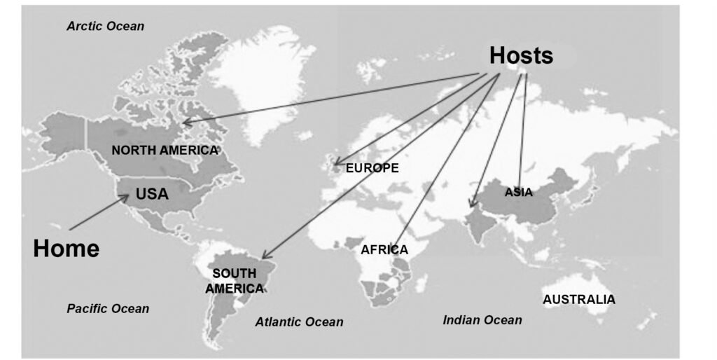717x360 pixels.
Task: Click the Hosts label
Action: tap(521, 55)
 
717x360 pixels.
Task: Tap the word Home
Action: tap(66, 248)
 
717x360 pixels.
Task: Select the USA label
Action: tap(152, 194)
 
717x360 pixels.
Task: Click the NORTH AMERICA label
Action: tap(165, 150)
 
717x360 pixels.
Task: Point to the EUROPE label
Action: tap(372, 168)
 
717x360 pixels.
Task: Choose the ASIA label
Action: tap(519, 192)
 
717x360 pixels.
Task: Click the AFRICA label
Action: tap(384, 249)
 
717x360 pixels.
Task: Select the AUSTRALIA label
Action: tap(579, 300)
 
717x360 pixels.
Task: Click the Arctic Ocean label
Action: tap(105, 27)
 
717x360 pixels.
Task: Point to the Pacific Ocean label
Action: tap(108, 308)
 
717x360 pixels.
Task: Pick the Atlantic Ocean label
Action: tap(299, 322)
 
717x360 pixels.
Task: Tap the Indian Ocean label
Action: tap(482, 320)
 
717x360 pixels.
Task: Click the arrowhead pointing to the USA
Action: tap(126, 196)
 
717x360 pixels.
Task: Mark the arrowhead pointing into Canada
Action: tap(185, 123)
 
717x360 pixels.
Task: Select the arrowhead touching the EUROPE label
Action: tap(335, 165)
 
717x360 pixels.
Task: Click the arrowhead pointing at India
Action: tap(471, 205)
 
